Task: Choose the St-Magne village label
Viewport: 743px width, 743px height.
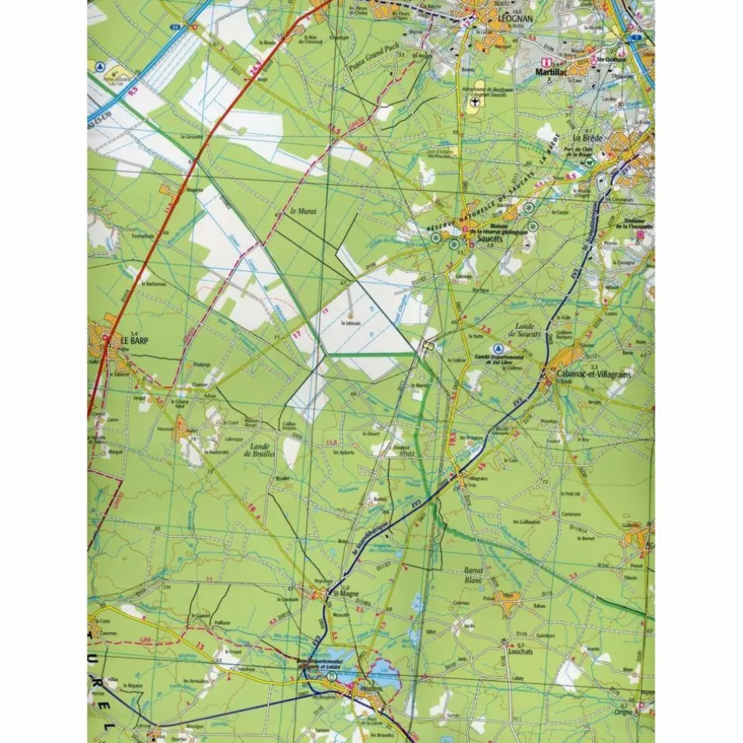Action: [x=346, y=594]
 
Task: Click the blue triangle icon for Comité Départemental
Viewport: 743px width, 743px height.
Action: [x=498, y=348]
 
